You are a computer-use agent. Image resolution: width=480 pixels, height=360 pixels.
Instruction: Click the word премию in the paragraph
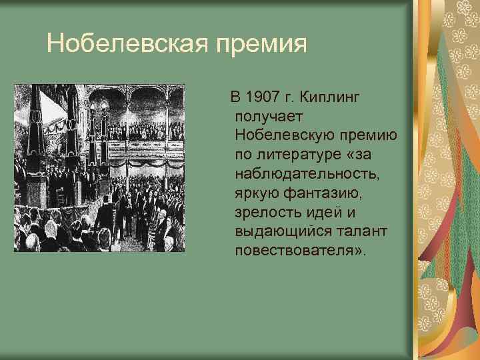[x=371, y=137]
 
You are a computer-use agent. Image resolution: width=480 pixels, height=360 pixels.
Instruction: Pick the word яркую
[x=257, y=194]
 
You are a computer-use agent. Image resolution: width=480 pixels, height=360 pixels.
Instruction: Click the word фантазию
[x=322, y=194]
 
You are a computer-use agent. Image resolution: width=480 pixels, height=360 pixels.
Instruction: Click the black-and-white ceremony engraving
[x=99, y=167]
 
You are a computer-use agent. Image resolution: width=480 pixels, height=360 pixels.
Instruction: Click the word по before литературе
[x=243, y=155]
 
